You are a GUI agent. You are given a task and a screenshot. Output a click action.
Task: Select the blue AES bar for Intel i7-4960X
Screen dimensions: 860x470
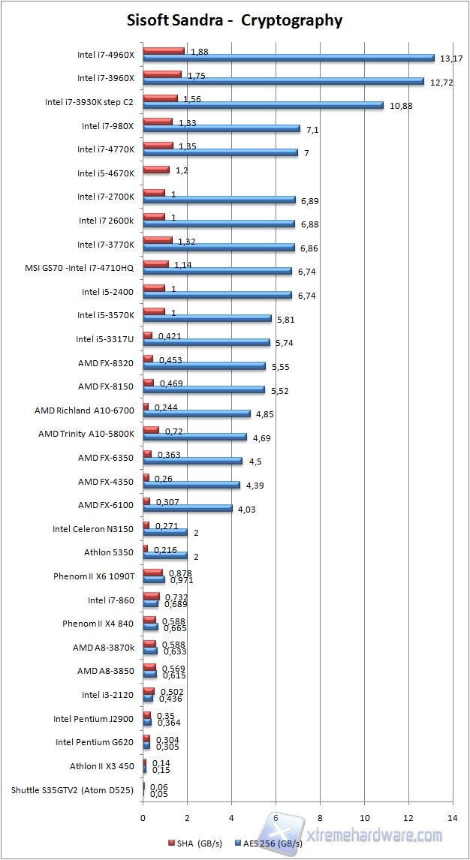(x=288, y=58)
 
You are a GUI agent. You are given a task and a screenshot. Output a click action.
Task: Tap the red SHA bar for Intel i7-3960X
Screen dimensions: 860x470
(x=162, y=74)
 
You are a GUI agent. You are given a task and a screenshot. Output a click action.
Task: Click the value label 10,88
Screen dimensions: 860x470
(x=401, y=106)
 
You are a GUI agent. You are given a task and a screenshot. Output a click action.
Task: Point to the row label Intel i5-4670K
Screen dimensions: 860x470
(x=105, y=173)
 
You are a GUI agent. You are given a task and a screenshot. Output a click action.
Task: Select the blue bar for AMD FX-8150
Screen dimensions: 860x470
(x=203, y=389)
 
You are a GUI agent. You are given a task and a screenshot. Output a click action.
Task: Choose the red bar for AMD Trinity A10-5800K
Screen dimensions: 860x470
(x=151, y=430)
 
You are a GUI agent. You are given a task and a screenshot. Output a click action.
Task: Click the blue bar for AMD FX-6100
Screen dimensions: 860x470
(x=188, y=508)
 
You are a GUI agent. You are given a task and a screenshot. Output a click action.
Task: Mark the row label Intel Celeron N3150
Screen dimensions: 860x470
(x=92, y=529)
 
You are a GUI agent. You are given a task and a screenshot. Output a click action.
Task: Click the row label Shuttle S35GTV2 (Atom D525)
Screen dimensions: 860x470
(x=72, y=789)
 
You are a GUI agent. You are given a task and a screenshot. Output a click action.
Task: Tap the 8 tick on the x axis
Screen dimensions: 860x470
(x=320, y=817)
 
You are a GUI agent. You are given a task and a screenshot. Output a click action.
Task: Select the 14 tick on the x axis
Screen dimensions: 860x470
(x=452, y=817)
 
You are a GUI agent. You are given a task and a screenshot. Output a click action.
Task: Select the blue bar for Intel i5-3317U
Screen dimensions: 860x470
(x=206, y=342)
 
